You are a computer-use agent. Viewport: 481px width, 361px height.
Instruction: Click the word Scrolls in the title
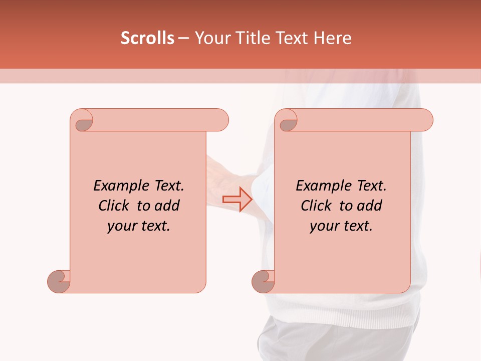click(x=148, y=38)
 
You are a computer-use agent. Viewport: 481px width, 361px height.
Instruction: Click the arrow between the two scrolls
click(x=237, y=199)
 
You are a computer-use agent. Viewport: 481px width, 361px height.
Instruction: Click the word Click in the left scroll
click(x=113, y=206)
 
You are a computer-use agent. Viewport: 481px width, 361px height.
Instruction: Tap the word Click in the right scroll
click(x=316, y=206)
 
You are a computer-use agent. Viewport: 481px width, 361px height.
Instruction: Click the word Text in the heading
click(x=292, y=38)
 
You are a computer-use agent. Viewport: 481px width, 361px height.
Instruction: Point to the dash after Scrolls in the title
click(x=184, y=39)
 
